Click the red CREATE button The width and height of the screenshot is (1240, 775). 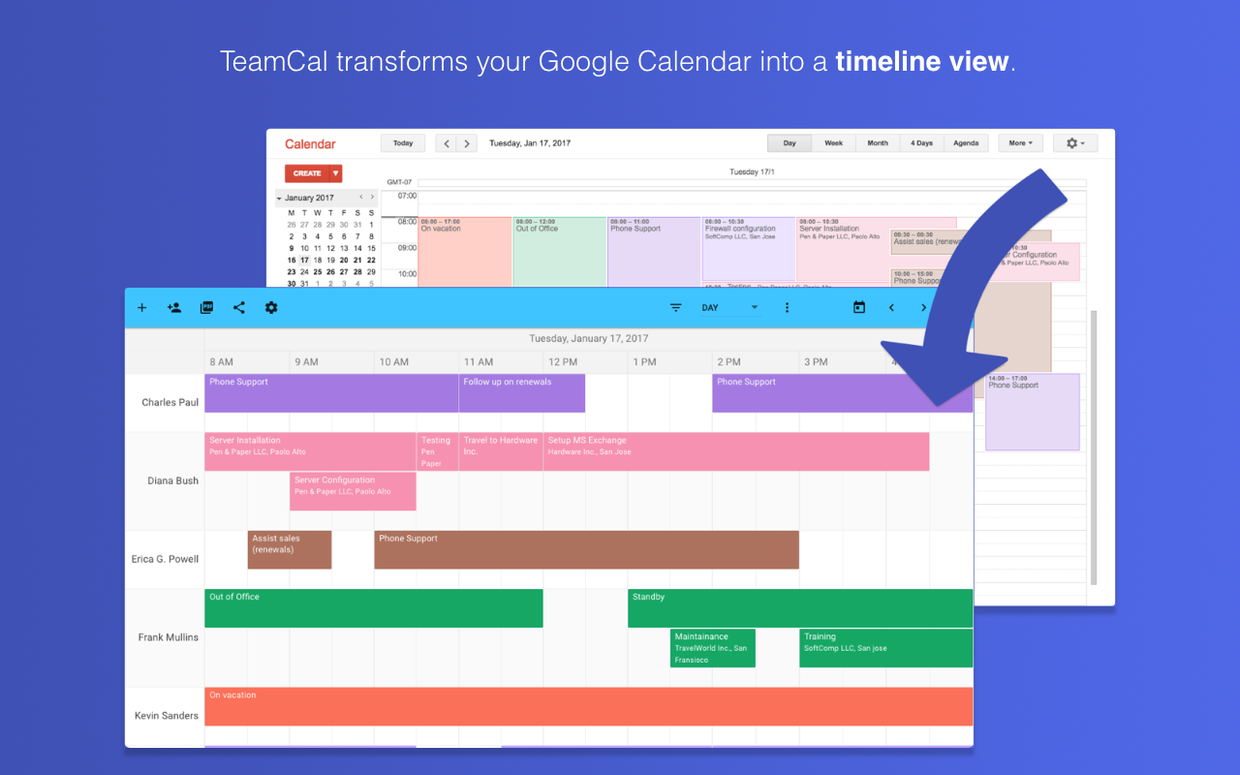coord(307,173)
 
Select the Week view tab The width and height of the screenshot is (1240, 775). coord(833,143)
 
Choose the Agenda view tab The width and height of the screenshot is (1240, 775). coord(965,143)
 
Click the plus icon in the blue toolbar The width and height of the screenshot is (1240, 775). coord(141,308)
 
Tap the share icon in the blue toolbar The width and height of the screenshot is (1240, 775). coord(238,308)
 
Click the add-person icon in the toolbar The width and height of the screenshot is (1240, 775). coord(174,308)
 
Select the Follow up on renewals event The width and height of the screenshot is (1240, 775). coord(521,393)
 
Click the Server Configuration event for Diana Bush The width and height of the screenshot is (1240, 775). coord(353,491)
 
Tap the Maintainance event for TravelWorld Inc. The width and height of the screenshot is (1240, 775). coord(712,648)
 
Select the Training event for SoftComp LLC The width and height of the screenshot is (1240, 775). coord(885,648)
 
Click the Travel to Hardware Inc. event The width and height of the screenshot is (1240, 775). coord(500,451)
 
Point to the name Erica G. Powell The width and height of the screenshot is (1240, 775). coord(165,559)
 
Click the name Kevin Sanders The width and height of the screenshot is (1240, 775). coord(167,716)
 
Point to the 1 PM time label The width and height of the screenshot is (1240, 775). coord(644,362)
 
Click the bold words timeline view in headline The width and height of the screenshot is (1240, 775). coord(921,62)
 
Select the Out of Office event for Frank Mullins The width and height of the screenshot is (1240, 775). coord(373,608)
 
